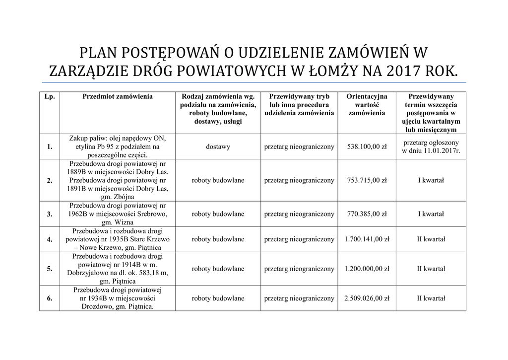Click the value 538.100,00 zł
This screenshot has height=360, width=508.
click(367, 146)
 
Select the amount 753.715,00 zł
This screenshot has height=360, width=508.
click(367, 180)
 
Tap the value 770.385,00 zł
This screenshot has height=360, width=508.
click(367, 214)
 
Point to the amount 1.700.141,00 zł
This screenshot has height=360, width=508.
click(367, 239)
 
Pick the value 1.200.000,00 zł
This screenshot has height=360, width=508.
click(367, 269)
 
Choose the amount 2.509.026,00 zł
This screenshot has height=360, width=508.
click(367, 298)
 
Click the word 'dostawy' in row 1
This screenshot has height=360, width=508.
click(218, 146)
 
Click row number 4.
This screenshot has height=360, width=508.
click(50, 239)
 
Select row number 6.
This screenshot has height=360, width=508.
click(50, 298)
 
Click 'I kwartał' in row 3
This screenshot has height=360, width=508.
click(431, 214)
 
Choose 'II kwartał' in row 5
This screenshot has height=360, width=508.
click(431, 269)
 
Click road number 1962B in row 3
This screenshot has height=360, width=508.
click(81, 214)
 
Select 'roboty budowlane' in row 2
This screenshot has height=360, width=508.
click(218, 180)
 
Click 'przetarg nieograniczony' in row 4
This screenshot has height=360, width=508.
click(299, 239)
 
